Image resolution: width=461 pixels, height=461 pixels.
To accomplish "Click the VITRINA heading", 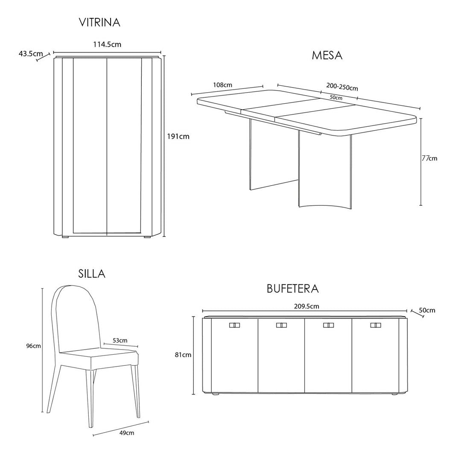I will [99, 23].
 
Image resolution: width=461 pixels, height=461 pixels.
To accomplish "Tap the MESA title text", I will [327, 55].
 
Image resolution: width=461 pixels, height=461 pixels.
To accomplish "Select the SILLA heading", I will [92, 274].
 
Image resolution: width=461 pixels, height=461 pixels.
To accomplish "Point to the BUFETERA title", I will [292, 289].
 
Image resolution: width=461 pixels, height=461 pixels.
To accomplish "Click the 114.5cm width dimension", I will [107, 44].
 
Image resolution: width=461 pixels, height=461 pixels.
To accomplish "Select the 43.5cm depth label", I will [31, 54].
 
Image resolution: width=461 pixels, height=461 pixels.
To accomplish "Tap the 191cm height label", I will [178, 137].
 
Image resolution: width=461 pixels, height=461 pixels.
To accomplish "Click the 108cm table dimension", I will [222, 85].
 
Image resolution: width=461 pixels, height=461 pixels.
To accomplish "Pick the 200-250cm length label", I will [342, 87].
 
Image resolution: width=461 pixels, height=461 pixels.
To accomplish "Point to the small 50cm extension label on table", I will [336, 98].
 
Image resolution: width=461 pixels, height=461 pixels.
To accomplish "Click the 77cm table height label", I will [429, 158].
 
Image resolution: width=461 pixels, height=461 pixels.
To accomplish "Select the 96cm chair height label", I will [34, 346].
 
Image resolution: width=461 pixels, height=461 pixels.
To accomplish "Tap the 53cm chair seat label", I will [120, 340].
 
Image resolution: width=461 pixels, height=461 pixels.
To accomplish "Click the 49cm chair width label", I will [127, 433].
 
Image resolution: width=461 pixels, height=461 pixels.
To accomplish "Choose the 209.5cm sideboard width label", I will [306, 306].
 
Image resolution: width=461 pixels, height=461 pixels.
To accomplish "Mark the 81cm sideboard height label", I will [183, 355].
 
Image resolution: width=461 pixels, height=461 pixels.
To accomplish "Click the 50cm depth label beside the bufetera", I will [427, 310].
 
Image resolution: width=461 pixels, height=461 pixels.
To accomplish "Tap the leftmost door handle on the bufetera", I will [234, 325].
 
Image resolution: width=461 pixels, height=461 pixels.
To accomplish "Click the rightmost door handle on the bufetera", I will [376, 325].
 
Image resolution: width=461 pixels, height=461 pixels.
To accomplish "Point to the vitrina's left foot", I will [65, 236].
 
